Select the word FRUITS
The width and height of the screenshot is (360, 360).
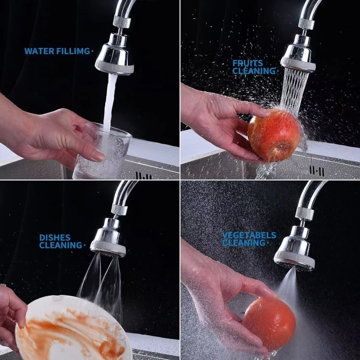247,63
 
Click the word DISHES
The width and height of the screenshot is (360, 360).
54,238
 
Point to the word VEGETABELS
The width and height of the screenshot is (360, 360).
249,235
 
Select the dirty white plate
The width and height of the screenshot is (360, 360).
72,328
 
